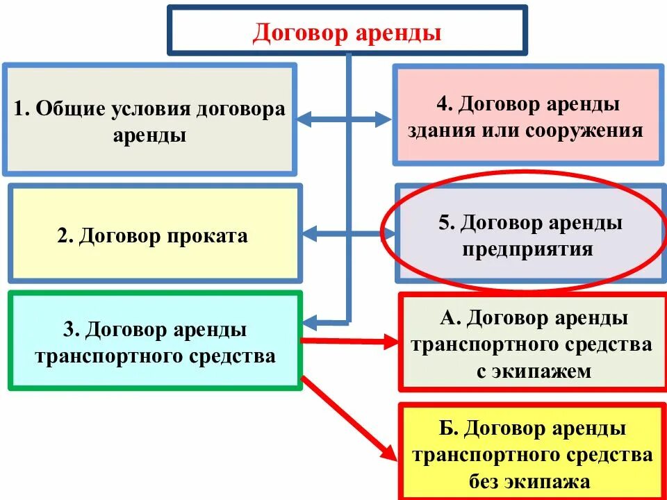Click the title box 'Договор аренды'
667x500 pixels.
click(347, 30)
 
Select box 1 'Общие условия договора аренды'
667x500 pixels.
click(149, 119)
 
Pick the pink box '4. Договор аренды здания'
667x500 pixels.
click(527, 114)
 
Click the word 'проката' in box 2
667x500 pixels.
click(208, 236)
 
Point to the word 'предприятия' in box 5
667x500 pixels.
click(528, 249)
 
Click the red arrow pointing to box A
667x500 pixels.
click(347, 340)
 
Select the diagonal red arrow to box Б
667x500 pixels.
click(347, 417)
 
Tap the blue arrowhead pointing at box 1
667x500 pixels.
click(306, 119)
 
